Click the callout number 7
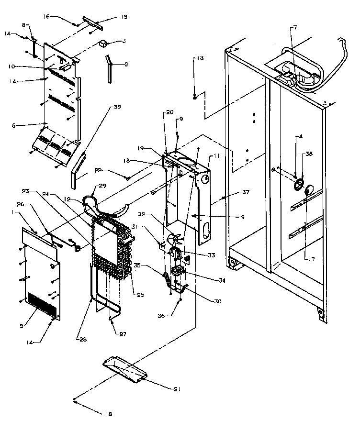(x=295, y=28)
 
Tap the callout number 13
(x=199, y=58)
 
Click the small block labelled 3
(x=102, y=44)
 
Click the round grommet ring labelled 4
(x=299, y=184)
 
